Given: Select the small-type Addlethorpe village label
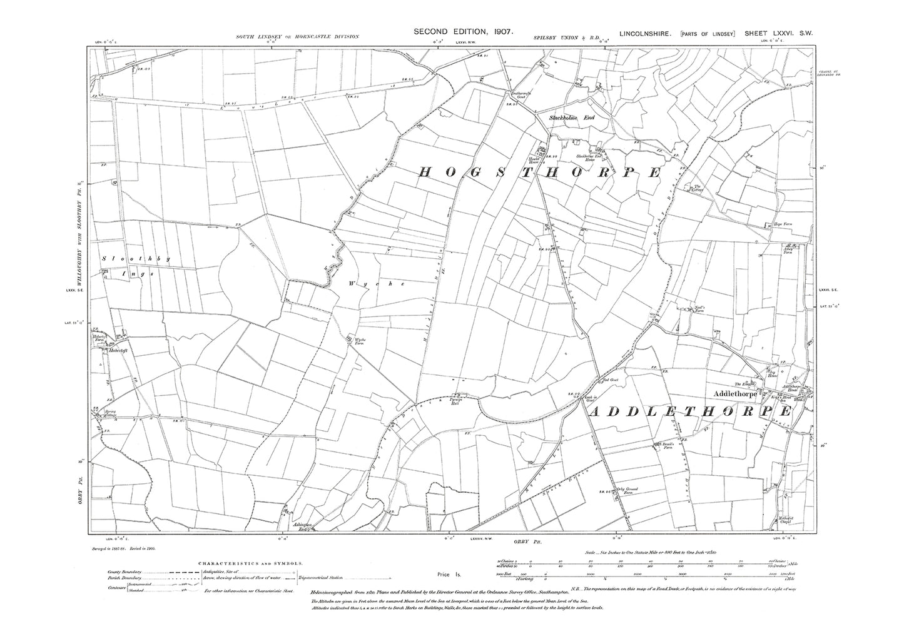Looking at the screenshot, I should pos(736,394).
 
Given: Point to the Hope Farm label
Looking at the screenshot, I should pos(774,223).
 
